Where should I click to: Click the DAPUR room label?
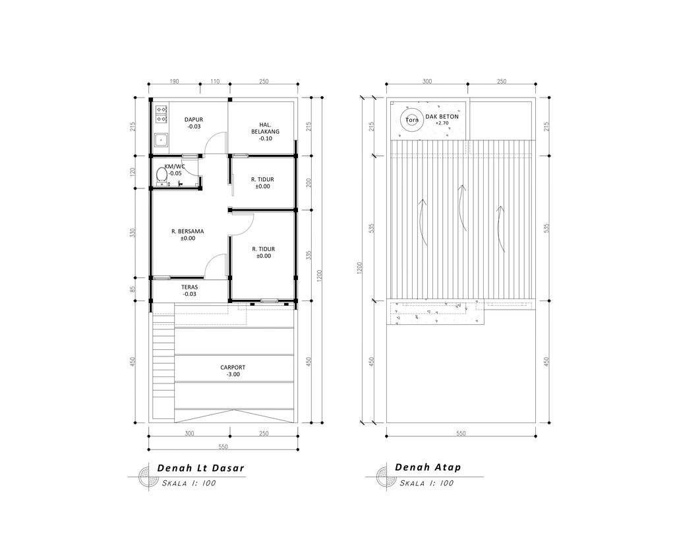point(194,119)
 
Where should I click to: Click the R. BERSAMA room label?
point(187,231)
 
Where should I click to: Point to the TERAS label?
point(190,287)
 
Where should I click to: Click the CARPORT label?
point(233,367)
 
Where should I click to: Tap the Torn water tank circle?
point(412,120)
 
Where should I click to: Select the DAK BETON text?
point(442,116)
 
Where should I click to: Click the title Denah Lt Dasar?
point(200,468)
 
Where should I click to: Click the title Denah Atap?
point(428,467)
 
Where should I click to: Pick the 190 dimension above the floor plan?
point(174,81)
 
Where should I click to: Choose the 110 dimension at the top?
point(214,81)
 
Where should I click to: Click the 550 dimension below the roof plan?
point(460,433)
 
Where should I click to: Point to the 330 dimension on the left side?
point(133,233)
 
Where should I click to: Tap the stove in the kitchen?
point(160,114)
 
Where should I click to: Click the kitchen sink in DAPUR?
point(160,139)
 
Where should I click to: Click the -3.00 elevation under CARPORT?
point(233,375)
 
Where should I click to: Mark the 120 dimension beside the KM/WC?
point(133,173)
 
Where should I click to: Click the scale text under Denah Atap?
point(427,483)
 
